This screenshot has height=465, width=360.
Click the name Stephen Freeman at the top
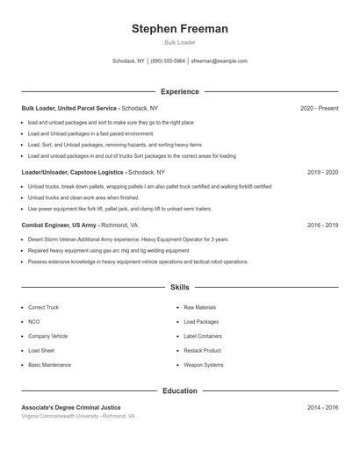pyautogui.click(x=179, y=29)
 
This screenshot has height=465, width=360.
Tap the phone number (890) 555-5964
pyautogui.click(x=169, y=61)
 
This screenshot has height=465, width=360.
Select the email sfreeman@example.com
pyautogui.click(x=219, y=61)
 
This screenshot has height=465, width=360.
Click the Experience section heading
pyautogui.click(x=179, y=91)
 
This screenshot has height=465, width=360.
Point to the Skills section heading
pyautogui.click(x=179, y=287)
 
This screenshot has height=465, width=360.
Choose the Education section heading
pyautogui.click(x=179, y=390)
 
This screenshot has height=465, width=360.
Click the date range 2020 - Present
pyautogui.click(x=319, y=108)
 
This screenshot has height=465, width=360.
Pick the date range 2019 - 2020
pyautogui.click(x=322, y=173)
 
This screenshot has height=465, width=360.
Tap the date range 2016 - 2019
pyautogui.click(x=322, y=225)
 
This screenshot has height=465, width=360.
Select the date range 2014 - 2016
pyautogui.click(x=322, y=408)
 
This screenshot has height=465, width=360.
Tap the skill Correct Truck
pyautogui.click(x=43, y=308)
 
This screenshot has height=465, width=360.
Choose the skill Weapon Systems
pyautogui.click(x=203, y=364)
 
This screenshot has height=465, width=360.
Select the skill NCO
pyautogui.click(x=34, y=322)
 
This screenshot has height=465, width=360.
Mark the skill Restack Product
pyautogui.click(x=202, y=350)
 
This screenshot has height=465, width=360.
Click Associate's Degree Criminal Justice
pyautogui.click(x=71, y=408)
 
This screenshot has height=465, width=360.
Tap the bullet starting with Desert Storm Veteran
pyautogui.click(x=127, y=240)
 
